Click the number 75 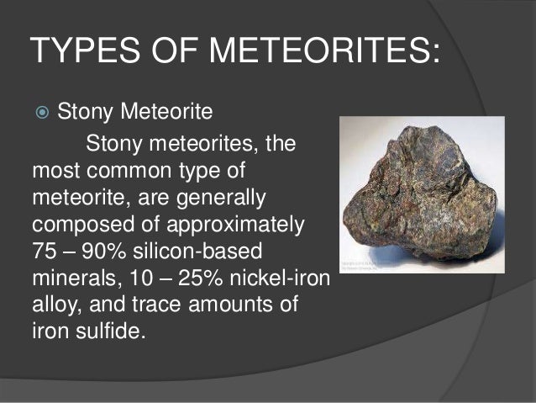[45, 252]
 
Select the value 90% [116, 252]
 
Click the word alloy [55, 304]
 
